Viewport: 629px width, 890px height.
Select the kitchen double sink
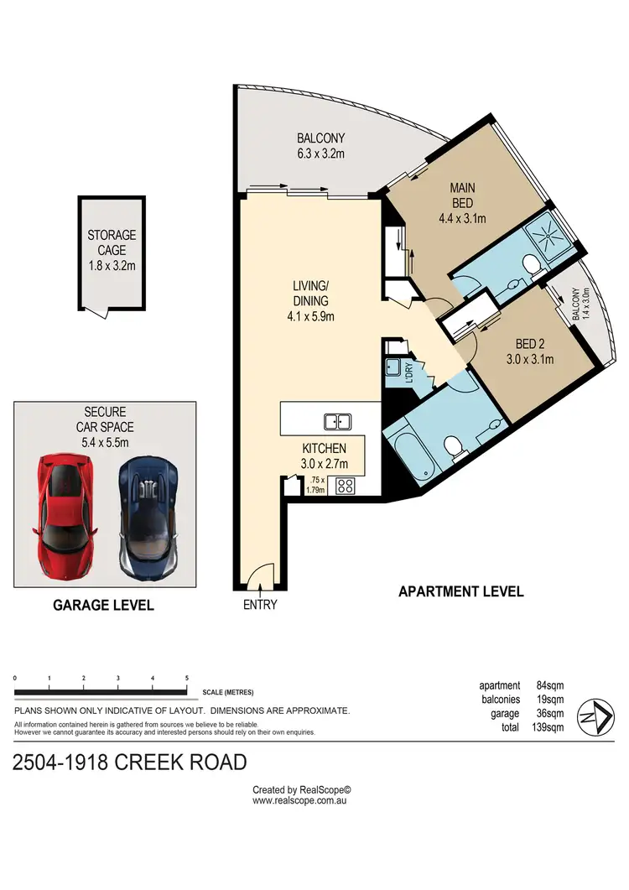tap(338, 420)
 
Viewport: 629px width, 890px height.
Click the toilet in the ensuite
tap(530, 265)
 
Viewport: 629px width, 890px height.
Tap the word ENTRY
tap(260, 605)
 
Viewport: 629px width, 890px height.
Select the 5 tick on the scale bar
tap(186, 679)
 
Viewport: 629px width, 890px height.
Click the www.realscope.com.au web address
tap(300, 800)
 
